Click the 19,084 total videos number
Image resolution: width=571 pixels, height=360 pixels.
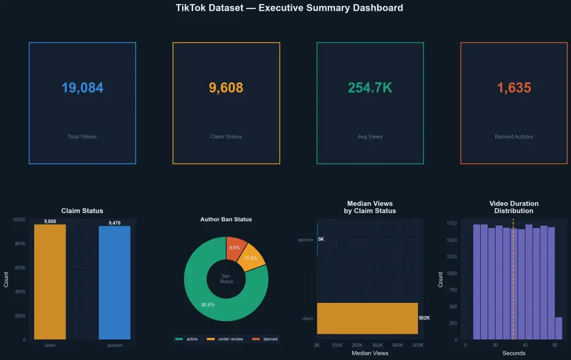click(82, 88)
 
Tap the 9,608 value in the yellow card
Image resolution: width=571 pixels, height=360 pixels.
click(226, 88)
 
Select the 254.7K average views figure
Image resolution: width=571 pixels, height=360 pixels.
click(370, 88)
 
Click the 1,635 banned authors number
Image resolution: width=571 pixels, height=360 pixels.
click(514, 88)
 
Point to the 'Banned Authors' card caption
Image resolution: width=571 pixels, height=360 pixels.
click(514, 137)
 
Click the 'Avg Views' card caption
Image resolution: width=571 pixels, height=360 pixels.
click(370, 137)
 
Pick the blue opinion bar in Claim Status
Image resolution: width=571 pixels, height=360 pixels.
click(114, 283)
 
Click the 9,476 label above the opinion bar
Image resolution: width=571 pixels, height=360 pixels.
click(114, 223)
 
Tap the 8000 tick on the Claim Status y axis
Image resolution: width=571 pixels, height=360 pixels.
click(19, 243)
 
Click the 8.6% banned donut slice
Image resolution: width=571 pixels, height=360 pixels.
click(236, 247)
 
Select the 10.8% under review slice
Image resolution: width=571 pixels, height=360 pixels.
click(252, 260)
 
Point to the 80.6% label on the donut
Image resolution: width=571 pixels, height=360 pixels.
click(208, 305)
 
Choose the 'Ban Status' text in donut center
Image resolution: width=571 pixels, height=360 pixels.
click(226, 278)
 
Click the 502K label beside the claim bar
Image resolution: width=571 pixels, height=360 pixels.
click(424, 318)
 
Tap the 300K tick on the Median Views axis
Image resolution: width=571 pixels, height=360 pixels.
click(377, 346)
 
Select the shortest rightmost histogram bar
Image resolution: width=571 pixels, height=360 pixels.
click(558, 329)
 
